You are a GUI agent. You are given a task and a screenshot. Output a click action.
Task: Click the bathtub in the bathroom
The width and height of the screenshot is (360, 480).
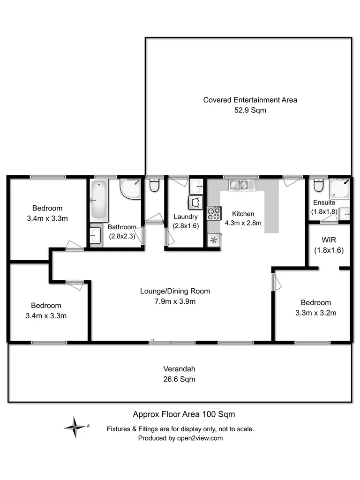click(99, 200)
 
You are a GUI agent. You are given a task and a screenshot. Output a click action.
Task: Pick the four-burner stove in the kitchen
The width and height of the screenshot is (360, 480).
click(214, 214)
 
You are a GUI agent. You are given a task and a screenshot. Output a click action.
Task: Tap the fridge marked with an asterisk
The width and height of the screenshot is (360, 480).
click(214, 240)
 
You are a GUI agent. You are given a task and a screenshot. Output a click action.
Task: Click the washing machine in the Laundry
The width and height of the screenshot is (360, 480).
click(195, 203)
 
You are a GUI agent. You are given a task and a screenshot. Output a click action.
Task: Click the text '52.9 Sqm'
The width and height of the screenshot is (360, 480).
click(250, 111)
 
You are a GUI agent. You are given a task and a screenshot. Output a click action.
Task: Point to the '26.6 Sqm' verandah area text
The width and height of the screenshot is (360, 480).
click(180, 379)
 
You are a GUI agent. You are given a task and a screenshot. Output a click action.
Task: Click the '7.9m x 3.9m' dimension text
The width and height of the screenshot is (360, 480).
click(175, 301)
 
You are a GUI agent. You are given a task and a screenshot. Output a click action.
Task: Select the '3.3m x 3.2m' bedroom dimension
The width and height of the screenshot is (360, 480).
click(315, 313)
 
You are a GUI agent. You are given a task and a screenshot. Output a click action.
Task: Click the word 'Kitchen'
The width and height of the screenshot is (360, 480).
click(243, 213)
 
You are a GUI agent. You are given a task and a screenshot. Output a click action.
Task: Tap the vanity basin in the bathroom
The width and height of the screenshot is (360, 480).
click(95, 234)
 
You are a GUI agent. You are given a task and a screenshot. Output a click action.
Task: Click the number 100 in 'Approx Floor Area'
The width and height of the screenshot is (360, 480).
click(208, 414)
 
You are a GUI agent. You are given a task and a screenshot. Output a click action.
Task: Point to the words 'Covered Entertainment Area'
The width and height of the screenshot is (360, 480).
click(250, 100)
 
